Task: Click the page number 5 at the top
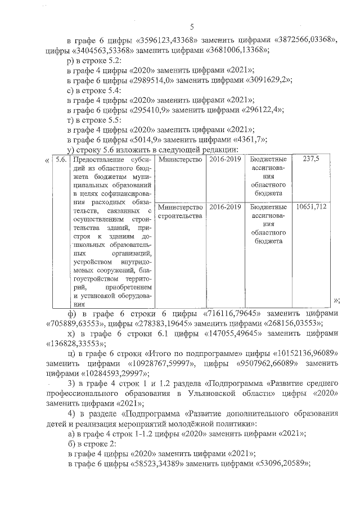coord(192,27)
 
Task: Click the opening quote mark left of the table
coord(46,160)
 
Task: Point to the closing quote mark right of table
coord(336,300)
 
